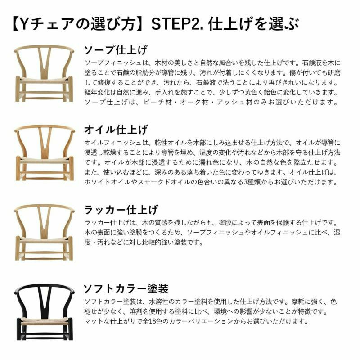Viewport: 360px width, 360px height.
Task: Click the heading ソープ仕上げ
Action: tap(116, 49)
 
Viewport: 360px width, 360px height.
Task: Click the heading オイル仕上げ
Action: tap(116, 130)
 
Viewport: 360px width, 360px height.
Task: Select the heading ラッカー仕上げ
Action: tap(121, 210)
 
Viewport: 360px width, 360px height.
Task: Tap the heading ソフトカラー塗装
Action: tap(126, 288)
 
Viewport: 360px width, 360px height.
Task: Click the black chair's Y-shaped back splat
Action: tap(44, 299)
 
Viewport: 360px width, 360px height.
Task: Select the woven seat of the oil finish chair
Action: tap(44, 160)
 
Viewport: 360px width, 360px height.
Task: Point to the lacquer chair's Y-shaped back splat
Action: tap(44, 220)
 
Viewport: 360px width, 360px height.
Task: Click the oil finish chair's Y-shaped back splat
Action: tap(44, 140)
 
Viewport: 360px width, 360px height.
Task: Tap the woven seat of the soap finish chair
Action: tap(44, 80)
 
